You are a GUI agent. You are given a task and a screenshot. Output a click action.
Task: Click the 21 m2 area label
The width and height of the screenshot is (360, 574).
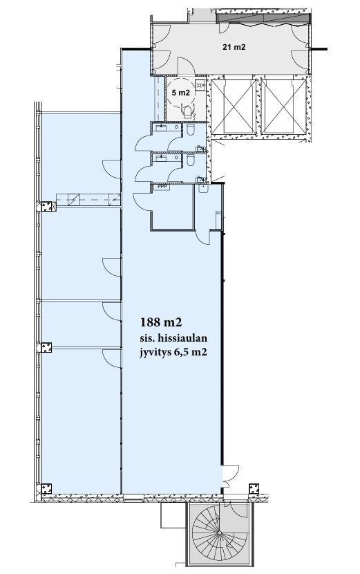pos(234,47)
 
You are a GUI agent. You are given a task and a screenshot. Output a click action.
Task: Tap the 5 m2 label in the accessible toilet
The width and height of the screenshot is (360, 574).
pos(181,93)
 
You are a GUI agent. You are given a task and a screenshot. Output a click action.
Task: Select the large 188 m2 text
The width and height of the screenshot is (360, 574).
pos(161,322)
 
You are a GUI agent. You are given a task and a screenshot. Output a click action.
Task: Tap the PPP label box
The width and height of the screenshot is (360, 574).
pos(162,186)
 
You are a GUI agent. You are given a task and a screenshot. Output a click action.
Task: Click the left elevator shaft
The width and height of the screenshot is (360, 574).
pos(233,107)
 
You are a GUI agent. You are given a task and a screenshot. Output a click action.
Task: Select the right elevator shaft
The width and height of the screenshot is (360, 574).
pos(284,107)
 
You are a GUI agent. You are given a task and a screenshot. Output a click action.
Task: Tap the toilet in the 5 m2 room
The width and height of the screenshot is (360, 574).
pos(187,111)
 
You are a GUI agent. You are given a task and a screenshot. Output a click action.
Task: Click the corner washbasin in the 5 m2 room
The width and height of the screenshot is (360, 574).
pos(200,85)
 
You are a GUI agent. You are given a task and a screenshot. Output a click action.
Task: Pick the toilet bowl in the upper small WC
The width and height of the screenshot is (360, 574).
pos(191,130)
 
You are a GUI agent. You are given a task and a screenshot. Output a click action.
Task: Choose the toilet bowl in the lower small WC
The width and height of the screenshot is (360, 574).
pos(191,160)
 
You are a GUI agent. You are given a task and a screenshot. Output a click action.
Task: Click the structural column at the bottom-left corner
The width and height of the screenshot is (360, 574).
pos(46,488)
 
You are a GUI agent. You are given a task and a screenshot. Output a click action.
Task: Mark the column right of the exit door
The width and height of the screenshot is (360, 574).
pos(254,488)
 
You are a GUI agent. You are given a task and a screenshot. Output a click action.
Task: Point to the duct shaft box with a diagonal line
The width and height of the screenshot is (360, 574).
pos(74,200)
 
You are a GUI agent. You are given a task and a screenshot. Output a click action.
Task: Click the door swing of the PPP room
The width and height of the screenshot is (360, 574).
pos(142,199)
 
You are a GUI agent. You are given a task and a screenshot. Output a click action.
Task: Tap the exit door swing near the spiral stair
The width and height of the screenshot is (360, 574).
pos(231,473)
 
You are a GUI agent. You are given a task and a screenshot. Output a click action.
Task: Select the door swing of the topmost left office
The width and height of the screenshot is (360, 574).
pos(111,169)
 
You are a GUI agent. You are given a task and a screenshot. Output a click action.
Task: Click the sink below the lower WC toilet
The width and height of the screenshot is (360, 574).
pos(203,188)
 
